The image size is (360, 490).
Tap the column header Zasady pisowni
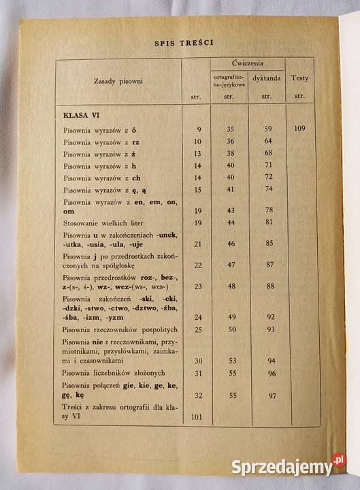tap(118, 82)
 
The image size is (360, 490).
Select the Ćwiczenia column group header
tap(248, 63)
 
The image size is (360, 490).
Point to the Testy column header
tap(299, 78)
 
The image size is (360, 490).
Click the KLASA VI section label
tap(82, 114)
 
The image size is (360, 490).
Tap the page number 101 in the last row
tap(198, 416)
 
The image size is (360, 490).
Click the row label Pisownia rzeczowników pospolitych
tap(115, 330)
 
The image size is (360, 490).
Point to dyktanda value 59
tap(268, 129)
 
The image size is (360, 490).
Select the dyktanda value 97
tap(271, 395)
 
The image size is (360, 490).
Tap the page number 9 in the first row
tap(199, 129)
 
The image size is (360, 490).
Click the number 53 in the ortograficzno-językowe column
tap(231, 361)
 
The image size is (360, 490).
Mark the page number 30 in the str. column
tap(198, 361)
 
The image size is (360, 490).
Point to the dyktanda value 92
tap(270, 316)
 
